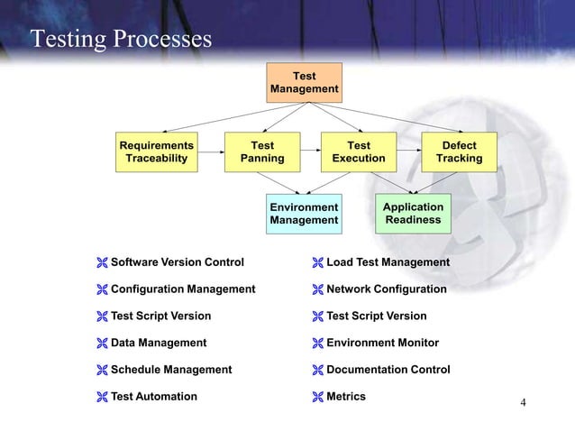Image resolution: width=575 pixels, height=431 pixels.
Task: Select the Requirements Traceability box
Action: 157,152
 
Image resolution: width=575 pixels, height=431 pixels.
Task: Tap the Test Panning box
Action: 262,152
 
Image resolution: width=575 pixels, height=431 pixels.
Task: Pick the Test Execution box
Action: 359,152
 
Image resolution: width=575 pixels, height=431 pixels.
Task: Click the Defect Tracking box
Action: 459,152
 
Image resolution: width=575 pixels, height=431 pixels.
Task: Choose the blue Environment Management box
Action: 304,214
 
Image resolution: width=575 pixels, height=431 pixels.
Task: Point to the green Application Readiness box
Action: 413,214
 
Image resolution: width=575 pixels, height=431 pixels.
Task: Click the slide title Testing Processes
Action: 122,40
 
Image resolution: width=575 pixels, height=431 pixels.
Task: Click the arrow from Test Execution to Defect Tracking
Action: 409,152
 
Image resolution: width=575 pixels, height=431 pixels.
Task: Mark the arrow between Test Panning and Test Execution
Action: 308,152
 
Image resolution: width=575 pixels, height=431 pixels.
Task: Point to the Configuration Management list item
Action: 183,289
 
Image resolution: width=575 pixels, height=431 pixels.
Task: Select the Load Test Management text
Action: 388,262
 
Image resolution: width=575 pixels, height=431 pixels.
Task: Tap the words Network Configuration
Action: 386,289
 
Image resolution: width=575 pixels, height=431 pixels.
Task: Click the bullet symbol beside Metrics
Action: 317,397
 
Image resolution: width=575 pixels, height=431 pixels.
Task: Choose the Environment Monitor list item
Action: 382,343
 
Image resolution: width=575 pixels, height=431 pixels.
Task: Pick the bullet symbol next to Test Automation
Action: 102,397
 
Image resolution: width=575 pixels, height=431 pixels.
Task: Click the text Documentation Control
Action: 388,370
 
